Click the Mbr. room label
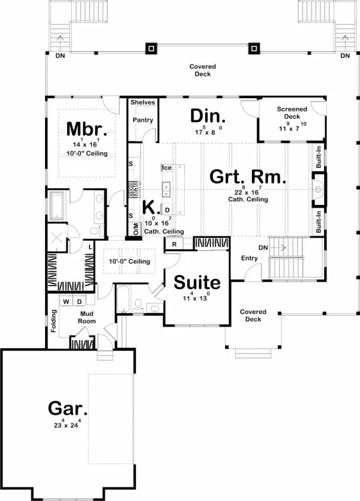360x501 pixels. pyautogui.click(x=87, y=129)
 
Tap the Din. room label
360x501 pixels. pyautogui.click(x=207, y=116)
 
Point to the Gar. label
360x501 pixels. pyautogui.click(x=67, y=408)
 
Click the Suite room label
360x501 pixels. pyautogui.click(x=197, y=282)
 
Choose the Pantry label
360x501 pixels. pyautogui.click(x=143, y=120)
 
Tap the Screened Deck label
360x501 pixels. pyautogui.click(x=292, y=113)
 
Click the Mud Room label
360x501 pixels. pyautogui.click(x=87, y=317)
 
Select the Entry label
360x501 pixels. pyautogui.click(x=249, y=258)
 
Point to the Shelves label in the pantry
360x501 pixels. pyautogui.click(x=143, y=102)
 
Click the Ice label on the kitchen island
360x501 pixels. pyautogui.click(x=167, y=168)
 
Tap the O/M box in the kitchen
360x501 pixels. pyautogui.click(x=136, y=228)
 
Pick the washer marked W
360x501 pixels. pyautogui.click(x=66, y=301)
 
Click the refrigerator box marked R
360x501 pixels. pyautogui.click(x=175, y=245)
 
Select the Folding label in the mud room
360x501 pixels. pyautogui.click(x=54, y=321)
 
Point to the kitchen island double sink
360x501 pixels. pyautogui.click(x=166, y=190)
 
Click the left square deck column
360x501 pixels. pyautogui.click(x=151, y=48)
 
